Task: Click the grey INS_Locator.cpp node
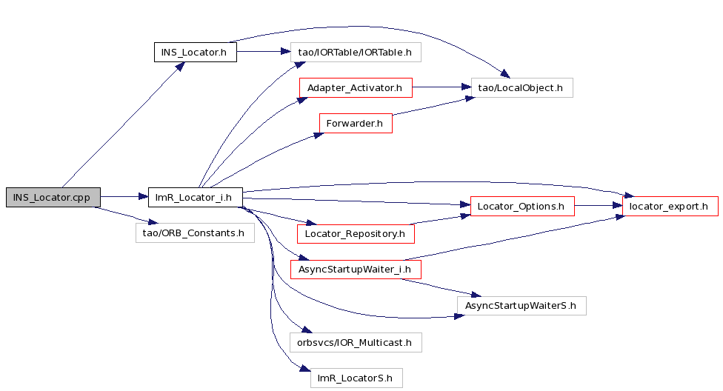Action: click(x=53, y=197)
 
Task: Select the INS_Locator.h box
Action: click(x=196, y=52)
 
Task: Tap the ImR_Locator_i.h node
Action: click(x=196, y=197)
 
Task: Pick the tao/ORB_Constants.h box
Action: click(x=195, y=233)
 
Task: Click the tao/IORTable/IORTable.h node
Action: click(x=356, y=52)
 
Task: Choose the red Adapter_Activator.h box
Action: click(x=356, y=87)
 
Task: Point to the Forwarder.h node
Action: click(x=356, y=123)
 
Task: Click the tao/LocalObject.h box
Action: click(x=522, y=87)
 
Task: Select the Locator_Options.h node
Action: click(x=522, y=206)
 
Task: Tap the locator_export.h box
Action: click(x=670, y=206)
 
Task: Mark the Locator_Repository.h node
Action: click(x=356, y=234)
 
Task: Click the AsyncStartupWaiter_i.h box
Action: click(x=356, y=270)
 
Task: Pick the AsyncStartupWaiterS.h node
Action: click(x=522, y=306)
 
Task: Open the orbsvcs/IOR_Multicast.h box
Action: click(x=356, y=343)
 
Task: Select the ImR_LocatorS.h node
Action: click(x=356, y=378)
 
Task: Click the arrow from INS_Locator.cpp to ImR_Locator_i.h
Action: click(x=124, y=197)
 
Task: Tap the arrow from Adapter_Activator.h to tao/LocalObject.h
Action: click(x=442, y=87)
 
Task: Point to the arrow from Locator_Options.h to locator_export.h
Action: click(x=599, y=205)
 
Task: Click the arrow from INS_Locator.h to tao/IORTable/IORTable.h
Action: click(x=264, y=51)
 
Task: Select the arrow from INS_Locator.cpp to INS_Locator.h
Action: click(x=124, y=124)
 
